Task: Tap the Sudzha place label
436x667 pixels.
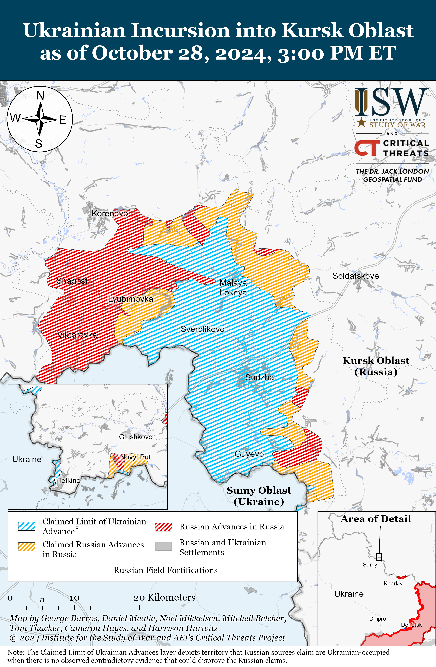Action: click(x=260, y=377)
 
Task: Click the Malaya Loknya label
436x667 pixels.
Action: click(x=233, y=287)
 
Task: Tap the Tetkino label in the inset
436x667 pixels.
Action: click(x=69, y=480)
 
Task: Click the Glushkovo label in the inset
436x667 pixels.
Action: click(x=136, y=437)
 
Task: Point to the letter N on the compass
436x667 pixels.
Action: click(x=40, y=96)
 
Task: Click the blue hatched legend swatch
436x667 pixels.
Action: click(x=27, y=526)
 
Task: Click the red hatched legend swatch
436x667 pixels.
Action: click(x=164, y=527)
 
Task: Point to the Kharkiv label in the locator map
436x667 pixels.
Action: click(x=393, y=584)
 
